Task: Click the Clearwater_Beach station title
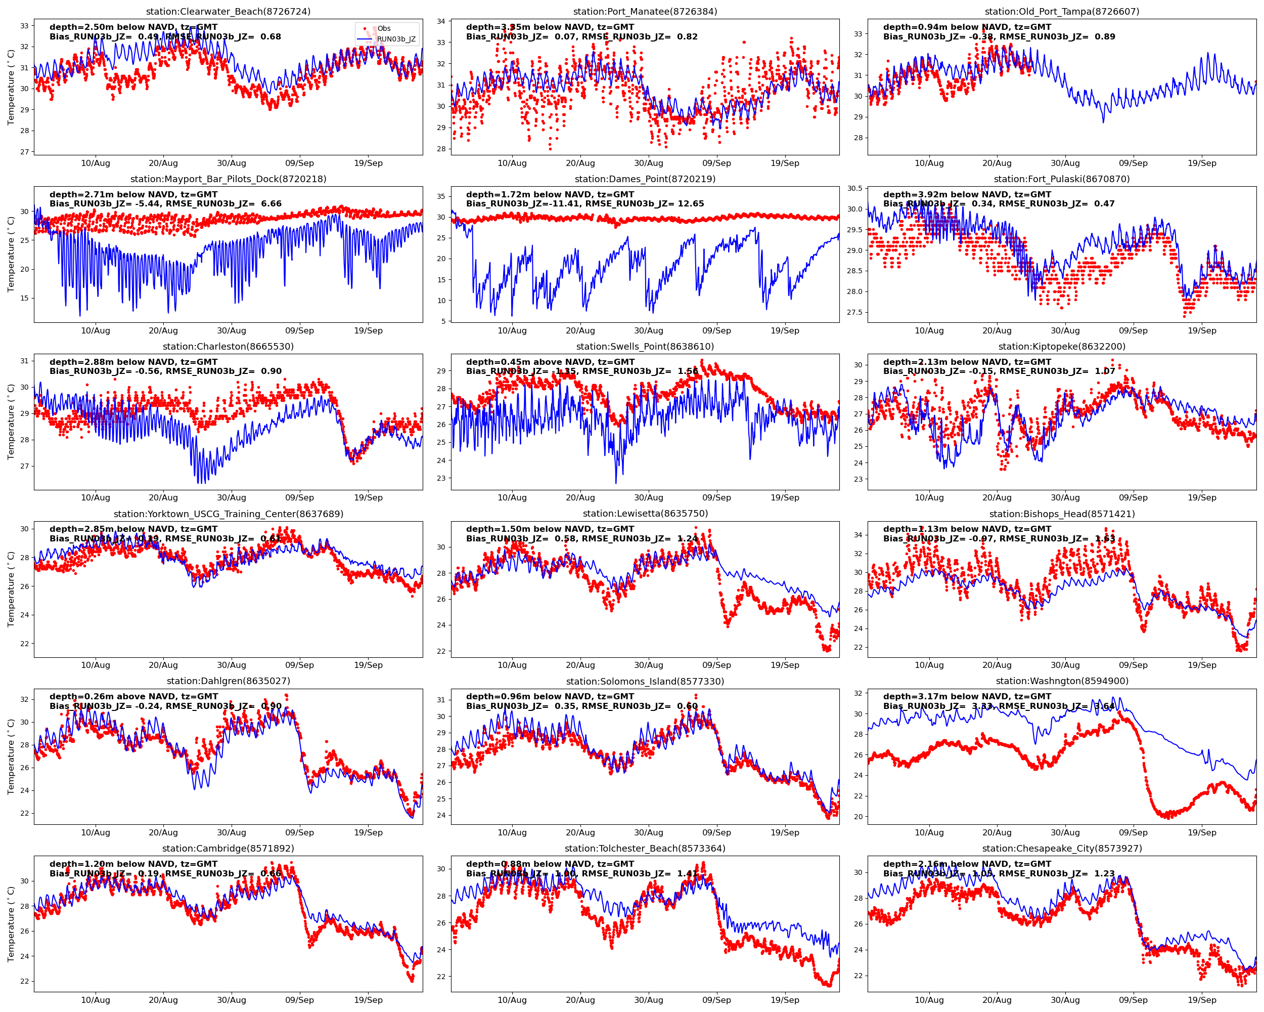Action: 228,11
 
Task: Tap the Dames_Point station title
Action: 645,179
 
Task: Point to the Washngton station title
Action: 1062,681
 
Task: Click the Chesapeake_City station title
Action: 1062,849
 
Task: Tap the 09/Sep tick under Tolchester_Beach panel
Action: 716,1000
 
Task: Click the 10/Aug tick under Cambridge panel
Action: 95,1000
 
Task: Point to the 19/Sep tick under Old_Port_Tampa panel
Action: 1202,163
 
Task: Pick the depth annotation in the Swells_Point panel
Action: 550,362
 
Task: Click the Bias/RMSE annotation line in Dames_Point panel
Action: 584,203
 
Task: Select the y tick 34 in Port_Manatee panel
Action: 441,21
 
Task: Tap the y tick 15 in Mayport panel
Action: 24,298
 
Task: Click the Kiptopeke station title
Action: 1062,346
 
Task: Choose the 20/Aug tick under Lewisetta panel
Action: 580,665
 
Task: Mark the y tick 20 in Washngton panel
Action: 859,817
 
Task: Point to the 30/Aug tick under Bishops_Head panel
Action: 1065,665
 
